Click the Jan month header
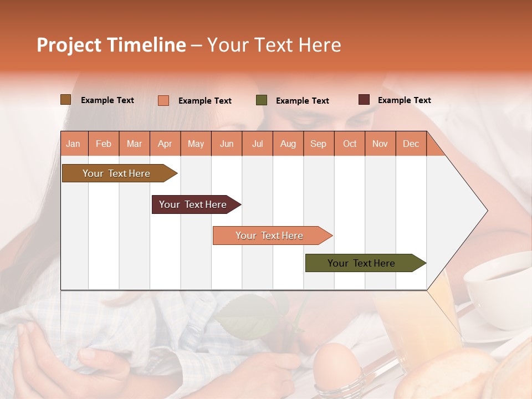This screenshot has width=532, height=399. (x=73, y=144)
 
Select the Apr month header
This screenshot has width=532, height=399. (x=165, y=144)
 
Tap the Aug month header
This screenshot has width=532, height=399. (x=288, y=144)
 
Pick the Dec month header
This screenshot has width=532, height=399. (x=411, y=144)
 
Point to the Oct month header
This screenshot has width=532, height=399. (x=350, y=144)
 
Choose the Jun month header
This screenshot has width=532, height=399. (x=227, y=144)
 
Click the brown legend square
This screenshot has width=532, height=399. (x=65, y=100)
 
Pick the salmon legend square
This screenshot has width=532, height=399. (x=163, y=100)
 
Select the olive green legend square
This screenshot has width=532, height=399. (x=261, y=100)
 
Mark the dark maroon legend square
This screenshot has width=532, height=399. (x=364, y=100)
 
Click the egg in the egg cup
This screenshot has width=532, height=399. (x=337, y=363)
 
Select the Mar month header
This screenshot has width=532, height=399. (x=134, y=144)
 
